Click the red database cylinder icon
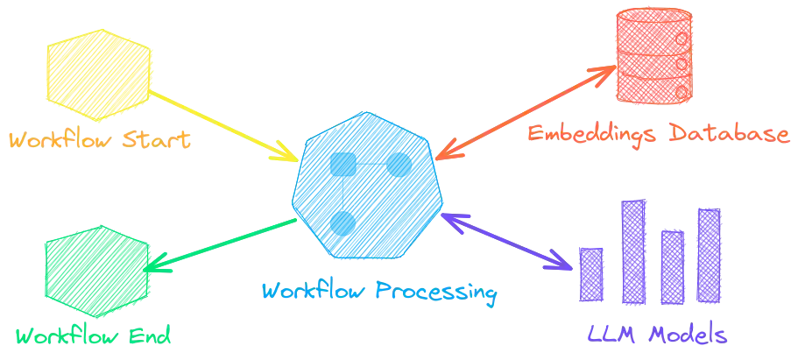tap(655, 54)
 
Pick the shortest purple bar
tap(590, 272)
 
